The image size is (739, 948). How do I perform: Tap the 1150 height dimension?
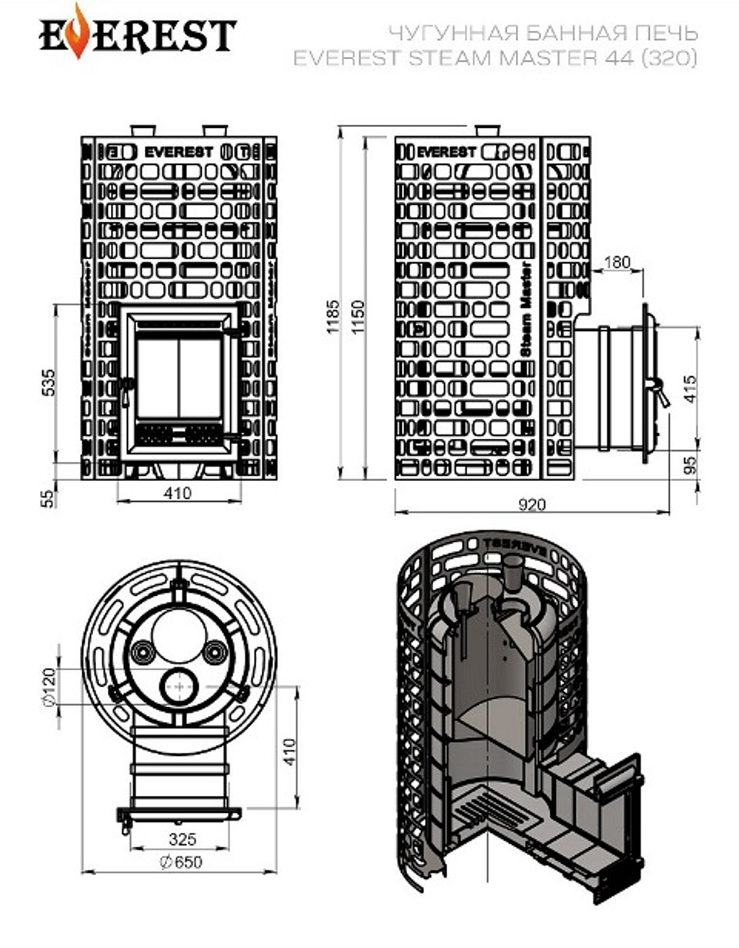tap(358, 316)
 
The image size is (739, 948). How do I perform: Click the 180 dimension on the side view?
tap(617, 262)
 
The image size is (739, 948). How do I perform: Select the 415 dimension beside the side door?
tap(690, 389)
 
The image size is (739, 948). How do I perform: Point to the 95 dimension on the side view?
tap(690, 465)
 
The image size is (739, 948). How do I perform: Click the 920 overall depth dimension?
tap(531, 505)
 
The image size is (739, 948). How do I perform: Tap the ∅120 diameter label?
tap(49, 687)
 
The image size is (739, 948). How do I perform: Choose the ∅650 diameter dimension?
tap(180, 862)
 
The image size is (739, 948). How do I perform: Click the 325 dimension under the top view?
tap(182, 839)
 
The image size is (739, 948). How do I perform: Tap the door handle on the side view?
tap(656, 389)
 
